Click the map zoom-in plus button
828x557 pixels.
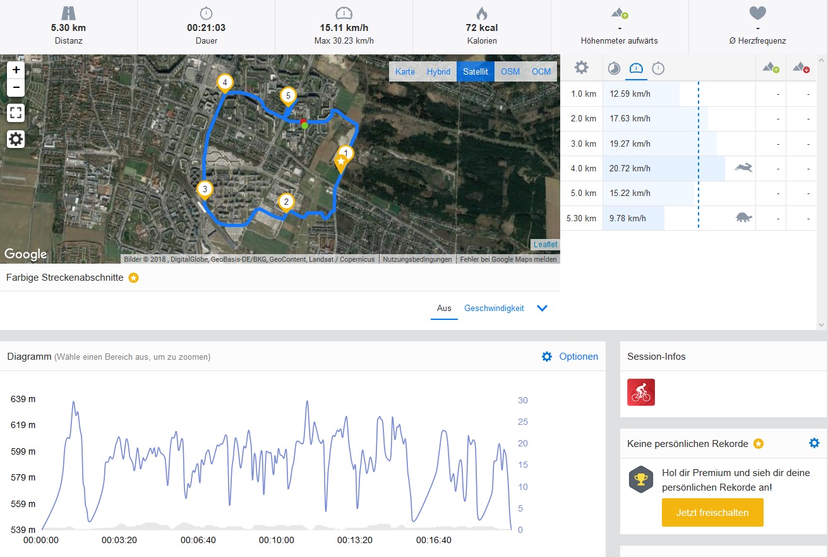click(x=16, y=70)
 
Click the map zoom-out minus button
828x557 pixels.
click(x=16, y=87)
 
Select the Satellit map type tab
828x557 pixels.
click(x=476, y=71)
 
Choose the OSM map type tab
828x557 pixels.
click(x=510, y=71)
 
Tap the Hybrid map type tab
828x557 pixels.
click(x=438, y=71)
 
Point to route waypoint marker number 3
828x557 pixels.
click(x=204, y=189)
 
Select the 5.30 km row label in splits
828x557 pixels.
click(x=581, y=219)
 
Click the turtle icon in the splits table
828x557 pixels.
click(x=744, y=218)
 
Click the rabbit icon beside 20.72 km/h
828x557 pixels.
click(x=743, y=168)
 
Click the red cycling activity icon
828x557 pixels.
click(x=641, y=392)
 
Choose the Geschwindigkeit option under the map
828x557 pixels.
click(x=494, y=309)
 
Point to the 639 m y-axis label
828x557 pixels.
click(x=23, y=399)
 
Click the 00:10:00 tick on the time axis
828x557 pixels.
click(x=277, y=541)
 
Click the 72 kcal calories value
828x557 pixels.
click(x=482, y=28)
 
